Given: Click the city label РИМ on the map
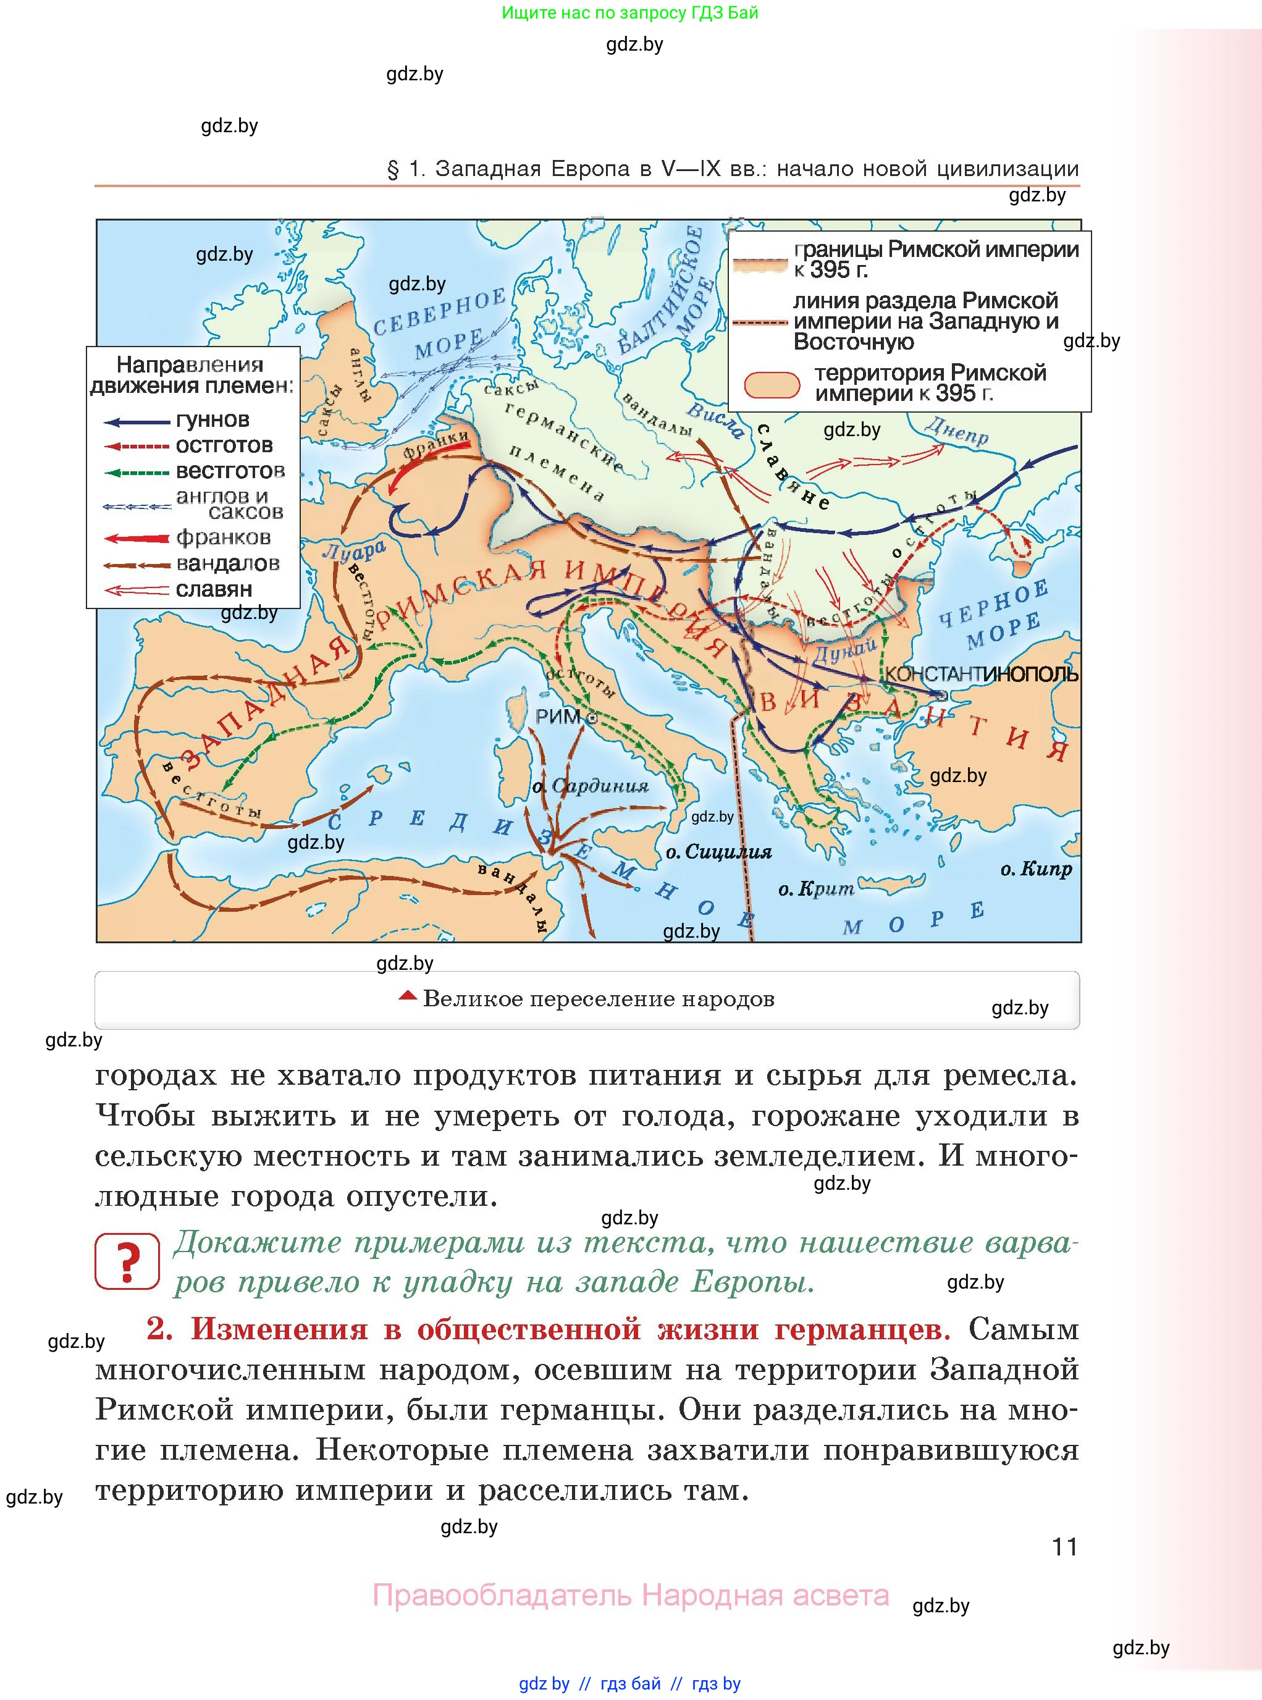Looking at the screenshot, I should (x=558, y=717).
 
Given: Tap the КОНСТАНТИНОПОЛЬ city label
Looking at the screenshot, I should (x=981, y=674).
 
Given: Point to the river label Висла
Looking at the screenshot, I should (x=715, y=419).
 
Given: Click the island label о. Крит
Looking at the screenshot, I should (x=816, y=888).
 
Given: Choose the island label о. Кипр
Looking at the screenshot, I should (x=1036, y=869).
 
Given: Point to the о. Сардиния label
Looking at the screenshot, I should (x=590, y=786).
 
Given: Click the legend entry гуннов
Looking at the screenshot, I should (x=212, y=420).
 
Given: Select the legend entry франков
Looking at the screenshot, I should (x=223, y=538).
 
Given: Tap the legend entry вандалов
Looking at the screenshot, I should (x=228, y=564).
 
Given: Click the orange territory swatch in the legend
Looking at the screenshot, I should (x=772, y=385).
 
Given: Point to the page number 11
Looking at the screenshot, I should (x=1064, y=1547).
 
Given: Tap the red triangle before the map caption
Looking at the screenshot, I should (x=408, y=996).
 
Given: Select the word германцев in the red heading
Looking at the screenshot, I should (x=862, y=1330).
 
